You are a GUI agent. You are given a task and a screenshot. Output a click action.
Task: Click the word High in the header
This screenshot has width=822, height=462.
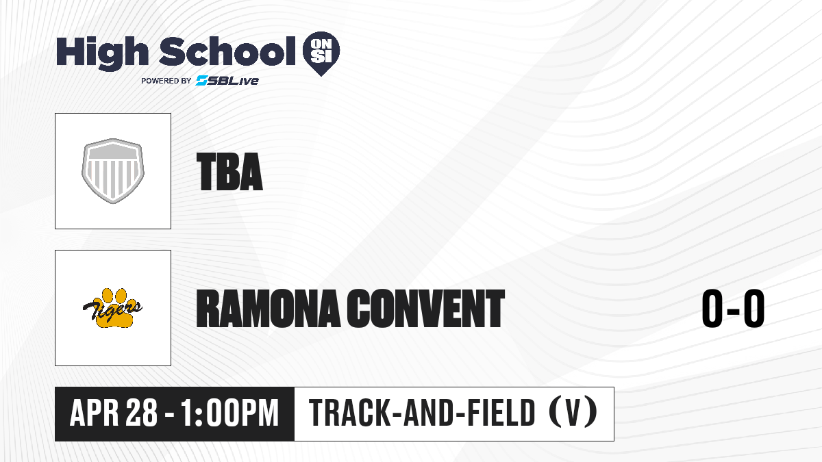coord(102,53)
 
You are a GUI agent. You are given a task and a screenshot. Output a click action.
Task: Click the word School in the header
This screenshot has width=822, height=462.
coord(227,51)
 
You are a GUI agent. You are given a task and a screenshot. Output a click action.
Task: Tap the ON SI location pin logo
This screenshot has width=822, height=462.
coord(321,53)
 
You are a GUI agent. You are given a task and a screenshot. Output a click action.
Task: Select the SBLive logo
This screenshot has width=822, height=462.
coord(227,80)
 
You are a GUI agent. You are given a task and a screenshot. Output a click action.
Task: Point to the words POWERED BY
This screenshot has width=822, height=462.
coord(166,81)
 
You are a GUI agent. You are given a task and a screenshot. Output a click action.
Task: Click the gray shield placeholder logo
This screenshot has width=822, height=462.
coord(113,171)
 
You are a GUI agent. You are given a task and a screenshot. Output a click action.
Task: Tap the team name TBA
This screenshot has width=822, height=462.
coord(229,172)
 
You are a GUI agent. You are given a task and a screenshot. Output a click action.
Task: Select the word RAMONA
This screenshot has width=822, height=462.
coord(268,308)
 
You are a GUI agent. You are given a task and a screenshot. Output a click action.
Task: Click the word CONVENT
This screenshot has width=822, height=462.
coord(426,308)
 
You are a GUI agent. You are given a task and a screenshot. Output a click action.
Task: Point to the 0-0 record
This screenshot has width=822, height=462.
coord(733,308)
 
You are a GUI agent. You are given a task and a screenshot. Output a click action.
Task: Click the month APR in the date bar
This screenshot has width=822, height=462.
coord(95,413)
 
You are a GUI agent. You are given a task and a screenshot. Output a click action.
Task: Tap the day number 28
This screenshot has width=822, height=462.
coord(142,413)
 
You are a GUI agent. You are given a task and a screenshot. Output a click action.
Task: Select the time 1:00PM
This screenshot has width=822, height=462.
coord(230,413)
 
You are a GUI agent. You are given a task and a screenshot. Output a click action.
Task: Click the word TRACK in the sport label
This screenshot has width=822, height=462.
coord(348,413)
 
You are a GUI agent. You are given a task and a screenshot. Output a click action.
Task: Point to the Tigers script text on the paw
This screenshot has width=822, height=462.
coord(112,309)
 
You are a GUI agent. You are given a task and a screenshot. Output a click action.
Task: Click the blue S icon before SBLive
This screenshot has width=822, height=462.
coord(202,80)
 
